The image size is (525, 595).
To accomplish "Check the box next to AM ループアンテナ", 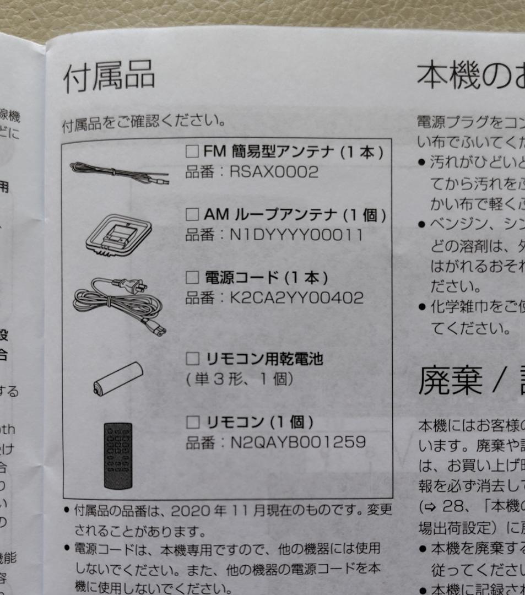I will (192, 214).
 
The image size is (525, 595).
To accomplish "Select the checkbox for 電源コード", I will (192, 277).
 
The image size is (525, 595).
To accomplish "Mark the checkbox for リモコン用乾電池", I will (192, 360).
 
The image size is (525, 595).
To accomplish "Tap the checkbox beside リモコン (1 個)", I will (192, 423).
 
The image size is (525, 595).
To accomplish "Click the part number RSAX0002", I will (274, 172).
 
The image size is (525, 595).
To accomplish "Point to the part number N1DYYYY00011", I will (296, 235).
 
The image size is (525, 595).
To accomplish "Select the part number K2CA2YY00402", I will (296, 298).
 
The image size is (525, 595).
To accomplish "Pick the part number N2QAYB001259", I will (297, 442).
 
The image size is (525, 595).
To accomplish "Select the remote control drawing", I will (118, 455).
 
